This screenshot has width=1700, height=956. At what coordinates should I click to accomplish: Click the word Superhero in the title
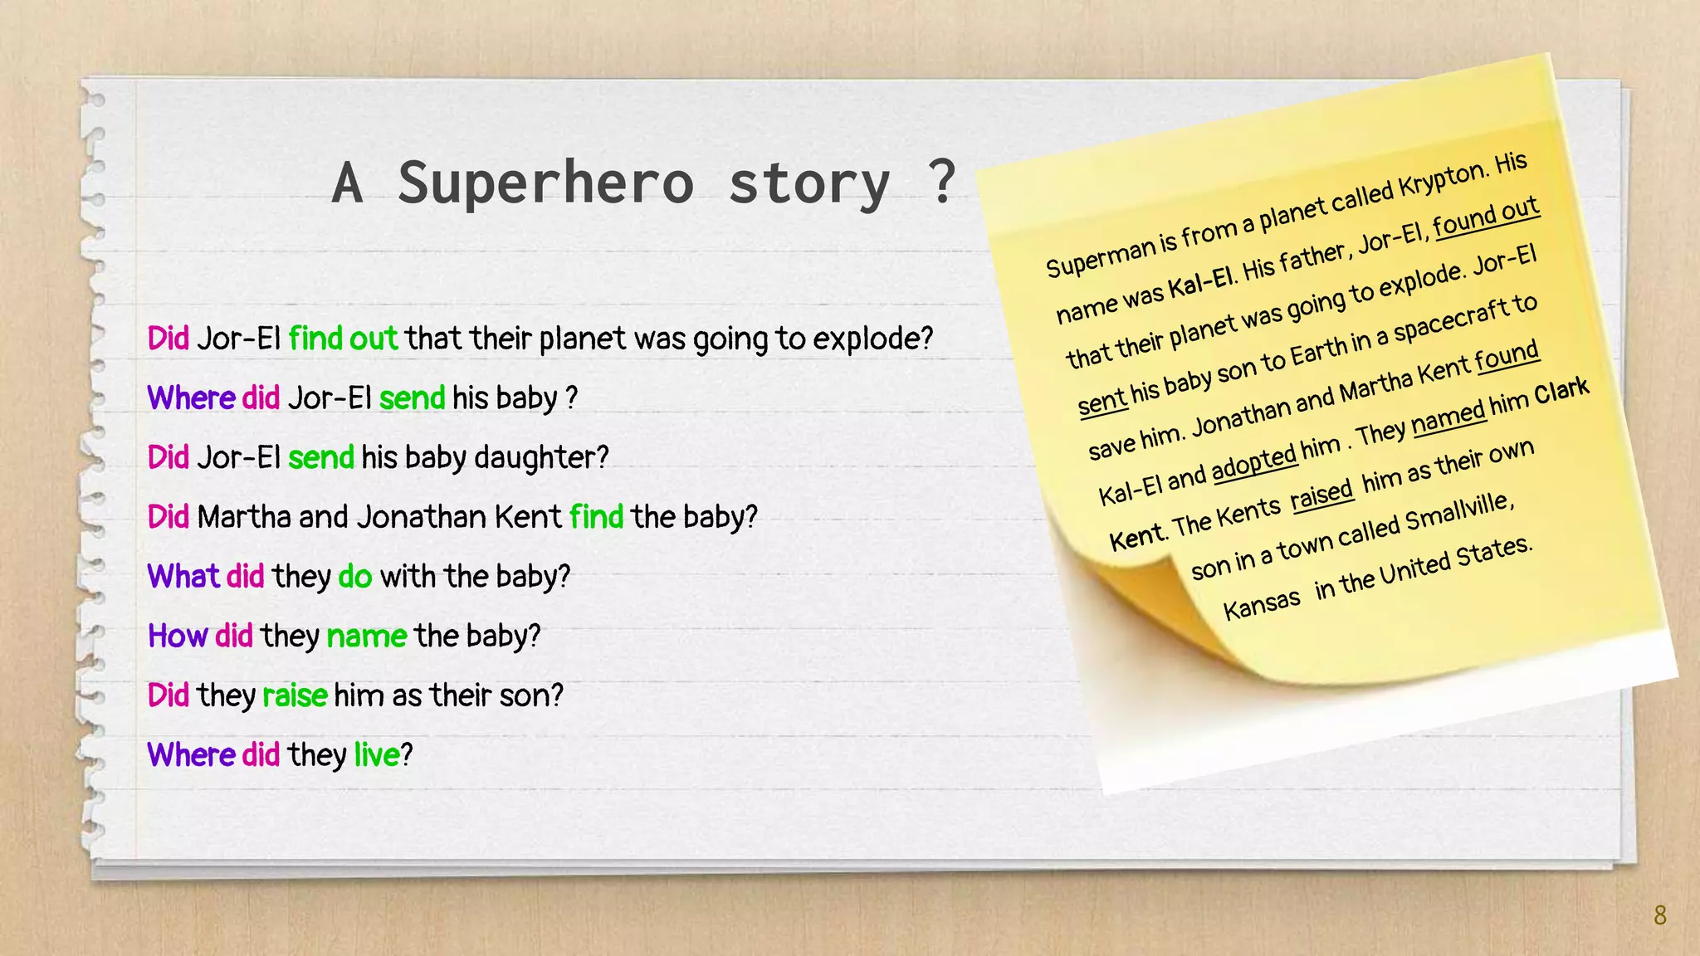click(x=545, y=183)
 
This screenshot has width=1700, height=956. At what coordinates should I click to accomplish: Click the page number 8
click(x=1659, y=915)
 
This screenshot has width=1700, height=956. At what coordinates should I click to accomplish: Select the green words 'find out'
click(x=343, y=339)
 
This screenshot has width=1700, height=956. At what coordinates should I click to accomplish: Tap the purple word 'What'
click(x=183, y=576)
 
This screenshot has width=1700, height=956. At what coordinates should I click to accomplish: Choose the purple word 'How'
click(x=177, y=636)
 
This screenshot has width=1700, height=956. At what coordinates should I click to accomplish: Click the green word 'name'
click(x=366, y=636)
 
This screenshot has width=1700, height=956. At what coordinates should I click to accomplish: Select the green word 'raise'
click(x=294, y=695)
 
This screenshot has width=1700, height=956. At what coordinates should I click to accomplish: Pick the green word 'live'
click(x=377, y=755)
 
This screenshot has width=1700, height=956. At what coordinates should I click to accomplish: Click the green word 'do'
click(x=354, y=576)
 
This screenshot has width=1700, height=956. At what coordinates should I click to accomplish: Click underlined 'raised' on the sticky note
click(x=1321, y=495)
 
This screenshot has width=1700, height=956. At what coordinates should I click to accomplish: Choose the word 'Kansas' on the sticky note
click(x=1262, y=605)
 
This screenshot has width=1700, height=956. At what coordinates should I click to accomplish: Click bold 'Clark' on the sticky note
click(x=1561, y=391)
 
